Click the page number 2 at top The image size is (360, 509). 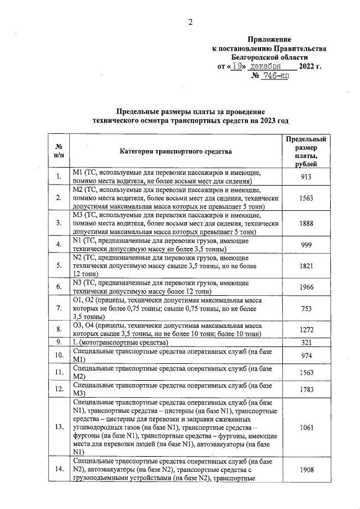coord(190,22)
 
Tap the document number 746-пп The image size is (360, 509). coord(274,76)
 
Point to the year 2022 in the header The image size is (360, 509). coord(308,67)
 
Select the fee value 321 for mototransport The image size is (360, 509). coord(305,342)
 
